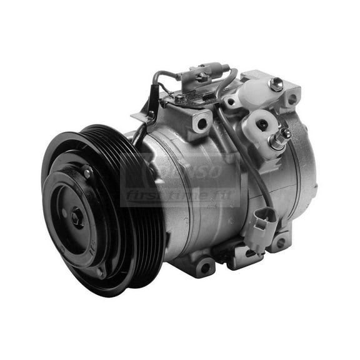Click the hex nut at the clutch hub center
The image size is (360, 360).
point(76,217)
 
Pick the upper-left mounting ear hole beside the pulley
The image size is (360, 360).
point(201,124)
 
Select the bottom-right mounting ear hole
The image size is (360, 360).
point(281,242)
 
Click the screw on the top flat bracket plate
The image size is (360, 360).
point(180,98)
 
